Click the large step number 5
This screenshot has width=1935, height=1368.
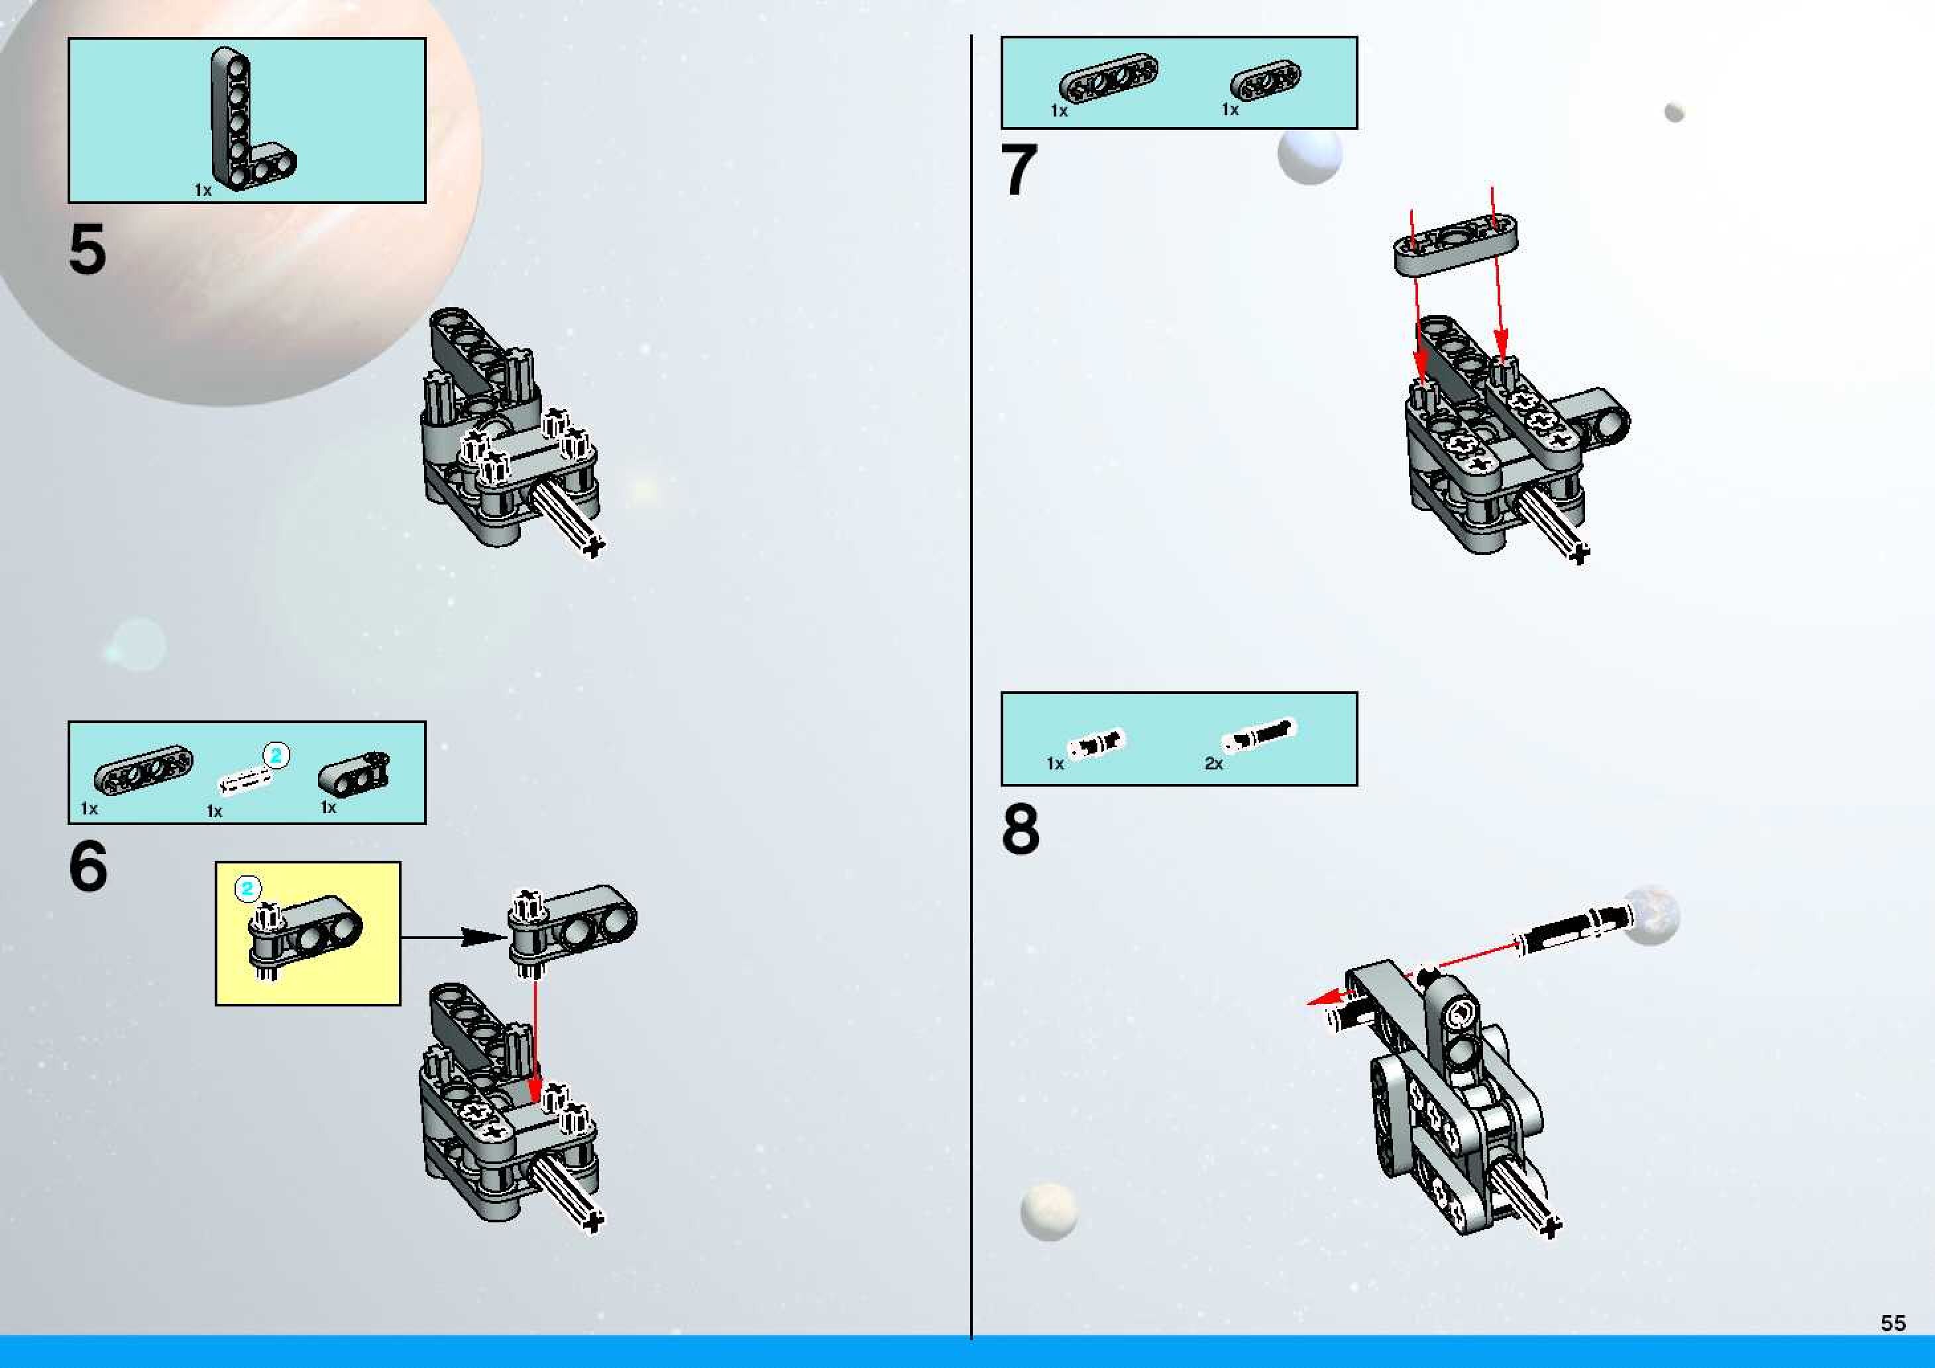[x=87, y=250]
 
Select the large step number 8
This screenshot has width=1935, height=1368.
[x=1021, y=829]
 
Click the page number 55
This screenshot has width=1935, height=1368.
[x=1893, y=1324]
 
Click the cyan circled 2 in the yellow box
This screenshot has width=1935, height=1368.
[x=248, y=888]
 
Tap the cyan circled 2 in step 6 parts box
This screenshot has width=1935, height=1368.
[x=276, y=755]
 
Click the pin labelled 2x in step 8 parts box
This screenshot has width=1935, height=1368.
[x=1260, y=736]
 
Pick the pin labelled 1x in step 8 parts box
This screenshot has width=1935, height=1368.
[x=1097, y=743]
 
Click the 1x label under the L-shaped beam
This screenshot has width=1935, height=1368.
[x=203, y=191]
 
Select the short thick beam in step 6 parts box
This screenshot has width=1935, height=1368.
[x=353, y=771]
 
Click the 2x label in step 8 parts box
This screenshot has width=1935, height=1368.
[x=1213, y=763]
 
